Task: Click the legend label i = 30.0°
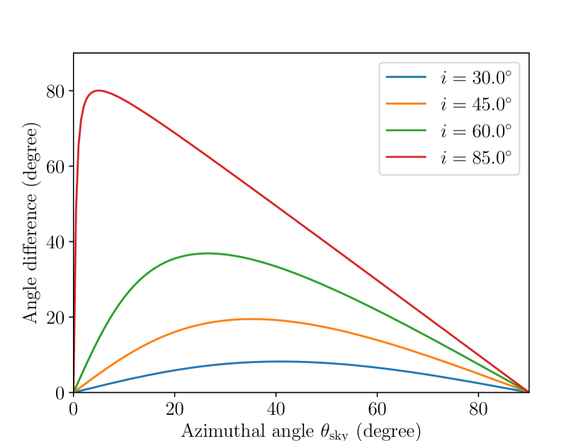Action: [475, 77]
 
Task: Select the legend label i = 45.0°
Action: [475, 104]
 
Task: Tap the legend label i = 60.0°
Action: [475, 131]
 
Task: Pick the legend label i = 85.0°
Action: [475, 158]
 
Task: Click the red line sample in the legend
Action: [406, 157]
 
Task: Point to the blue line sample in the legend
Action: [406, 76]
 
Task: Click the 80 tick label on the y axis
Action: [55, 91]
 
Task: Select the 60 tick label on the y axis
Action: [55, 167]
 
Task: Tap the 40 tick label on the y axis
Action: [55, 242]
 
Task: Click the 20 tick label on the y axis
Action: [55, 317]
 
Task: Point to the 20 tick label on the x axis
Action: [174, 409]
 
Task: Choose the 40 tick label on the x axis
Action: [276, 409]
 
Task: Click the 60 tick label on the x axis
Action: [377, 409]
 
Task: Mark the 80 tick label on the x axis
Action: [478, 409]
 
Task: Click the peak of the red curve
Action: [99, 91]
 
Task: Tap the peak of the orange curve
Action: [252, 319]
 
